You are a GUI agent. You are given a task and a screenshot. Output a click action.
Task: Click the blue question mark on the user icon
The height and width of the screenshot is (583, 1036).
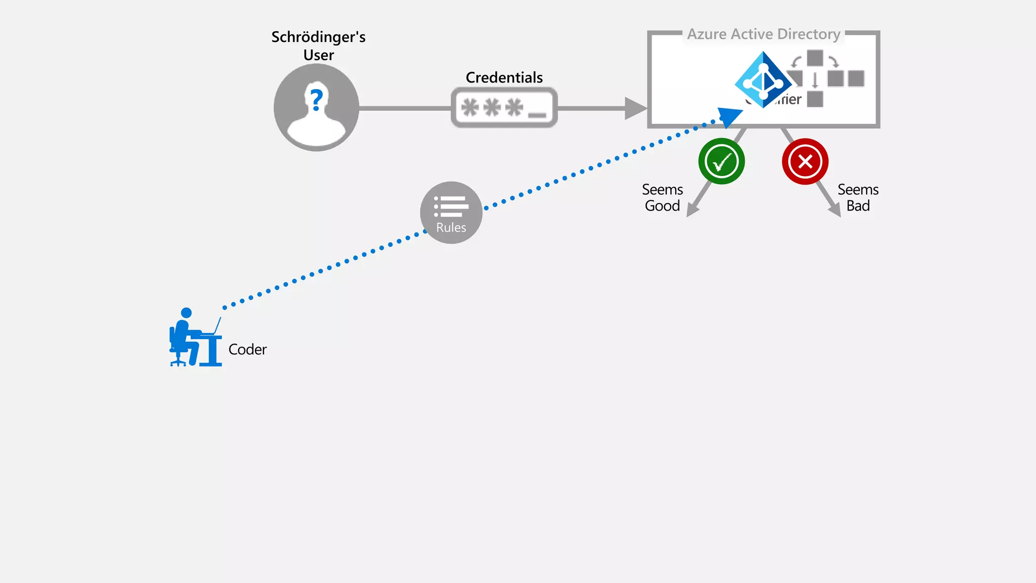click(x=317, y=100)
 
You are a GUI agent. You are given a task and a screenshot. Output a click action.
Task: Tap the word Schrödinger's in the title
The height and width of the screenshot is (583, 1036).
click(x=318, y=37)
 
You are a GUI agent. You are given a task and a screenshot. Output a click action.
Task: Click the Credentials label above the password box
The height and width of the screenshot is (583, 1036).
click(x=504, y=77)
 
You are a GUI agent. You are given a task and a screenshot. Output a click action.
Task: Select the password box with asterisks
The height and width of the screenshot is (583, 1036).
click(x=504, y=108)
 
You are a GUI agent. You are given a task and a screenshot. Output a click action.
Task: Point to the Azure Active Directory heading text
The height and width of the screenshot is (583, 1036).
click(x=763, y=34)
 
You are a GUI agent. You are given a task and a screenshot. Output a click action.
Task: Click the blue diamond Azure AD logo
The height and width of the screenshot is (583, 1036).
click(x=762, y=80)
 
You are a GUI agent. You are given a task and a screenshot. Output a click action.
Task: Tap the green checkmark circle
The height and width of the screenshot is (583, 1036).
click(x=721, y=161)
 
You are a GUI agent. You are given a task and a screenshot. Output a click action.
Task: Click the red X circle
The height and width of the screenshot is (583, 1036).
click(x=805, y=161)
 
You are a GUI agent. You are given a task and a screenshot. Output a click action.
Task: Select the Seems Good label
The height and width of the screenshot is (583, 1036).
click(x=662, y=197)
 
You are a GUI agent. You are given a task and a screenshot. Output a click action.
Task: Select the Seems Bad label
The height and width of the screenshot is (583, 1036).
click(x=858, y=197)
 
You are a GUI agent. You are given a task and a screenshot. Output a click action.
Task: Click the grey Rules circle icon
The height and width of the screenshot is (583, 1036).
click(x=451, y=213)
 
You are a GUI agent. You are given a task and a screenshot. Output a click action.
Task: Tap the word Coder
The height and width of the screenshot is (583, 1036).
click(x=247, y=349)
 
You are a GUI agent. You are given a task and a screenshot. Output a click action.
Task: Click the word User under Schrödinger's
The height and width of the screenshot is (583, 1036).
click(x=318, y=55)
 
